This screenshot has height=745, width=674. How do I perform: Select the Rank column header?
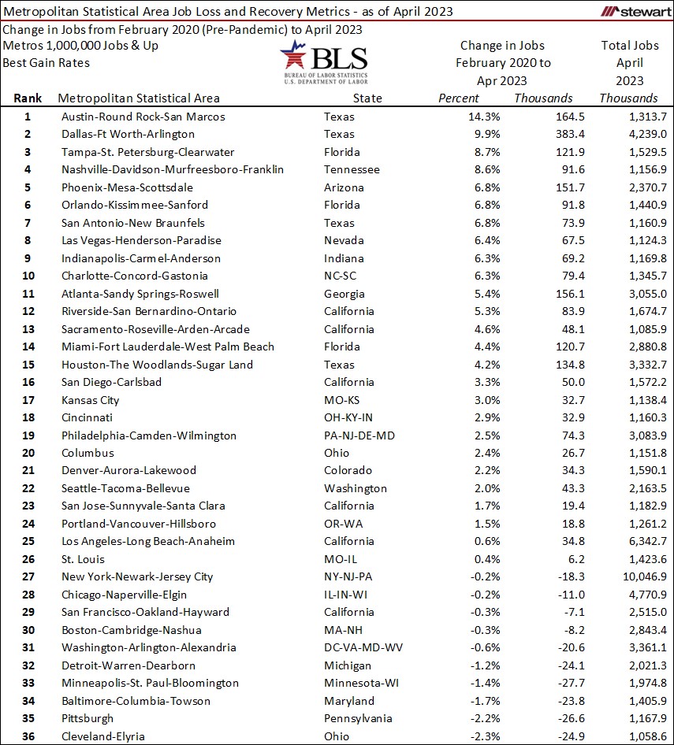(x=27, y=98)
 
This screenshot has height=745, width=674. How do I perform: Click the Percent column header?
(x=458, y=98)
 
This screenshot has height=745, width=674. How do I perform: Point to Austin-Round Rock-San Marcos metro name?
(x=143, y=117)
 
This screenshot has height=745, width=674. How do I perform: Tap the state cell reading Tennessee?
(x=352, y=169)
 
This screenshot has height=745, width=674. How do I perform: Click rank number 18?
(x=27, y=417)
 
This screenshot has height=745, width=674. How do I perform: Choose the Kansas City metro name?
(x=90, y=400)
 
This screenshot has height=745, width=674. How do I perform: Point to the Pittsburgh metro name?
(x=87, y=718)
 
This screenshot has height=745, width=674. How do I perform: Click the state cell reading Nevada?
(x=344, y=240)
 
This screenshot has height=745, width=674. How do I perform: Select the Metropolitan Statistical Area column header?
(x=139, y=98)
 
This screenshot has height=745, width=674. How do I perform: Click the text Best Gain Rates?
(x=46, y=62)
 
